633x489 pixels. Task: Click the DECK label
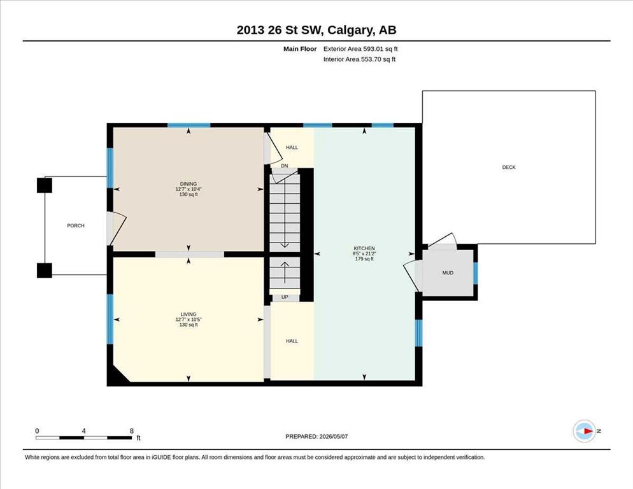click(x=509, y=167)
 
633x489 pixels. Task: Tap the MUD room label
click(x=448, y=273)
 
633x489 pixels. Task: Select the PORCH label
click(x=76, y=226)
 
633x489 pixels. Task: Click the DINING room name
click(x=188, y=184)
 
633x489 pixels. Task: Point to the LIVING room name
click(x=188, y=314)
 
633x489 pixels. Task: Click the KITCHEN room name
click(x=364, y=248)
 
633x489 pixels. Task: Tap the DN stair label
click(x=285, y=166)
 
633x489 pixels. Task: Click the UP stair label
click(x=285, y=297)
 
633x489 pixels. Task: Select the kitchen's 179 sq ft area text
click(x=364, y=259)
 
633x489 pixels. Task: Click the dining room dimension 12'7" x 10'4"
click(x=188, y=189)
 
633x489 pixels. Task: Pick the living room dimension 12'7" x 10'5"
click(x=188, y=320)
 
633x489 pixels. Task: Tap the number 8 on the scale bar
click(x=132, y=431)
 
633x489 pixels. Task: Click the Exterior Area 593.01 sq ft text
click(x=360, y=49)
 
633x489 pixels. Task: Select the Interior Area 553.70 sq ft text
click(x=359, y=59)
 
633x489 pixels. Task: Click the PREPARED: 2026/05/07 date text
click(x=316, y=437)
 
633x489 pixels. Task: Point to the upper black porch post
click(x=45, y=185)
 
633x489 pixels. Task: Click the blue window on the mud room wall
click(x=476, y=273)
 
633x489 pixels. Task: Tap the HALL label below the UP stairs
click(x=292, y=341)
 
